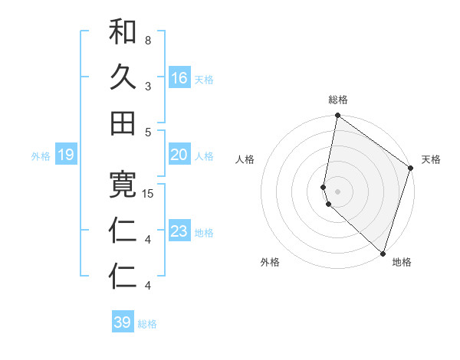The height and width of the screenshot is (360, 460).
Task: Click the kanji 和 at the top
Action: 123,31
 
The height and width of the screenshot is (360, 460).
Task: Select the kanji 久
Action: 123,77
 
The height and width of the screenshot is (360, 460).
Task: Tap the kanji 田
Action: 123,123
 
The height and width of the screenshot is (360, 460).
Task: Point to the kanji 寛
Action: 123,185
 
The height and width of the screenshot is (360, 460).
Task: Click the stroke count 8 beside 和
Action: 147,40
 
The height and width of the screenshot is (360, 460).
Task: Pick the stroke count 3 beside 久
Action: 147,86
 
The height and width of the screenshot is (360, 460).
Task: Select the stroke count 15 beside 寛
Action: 148,194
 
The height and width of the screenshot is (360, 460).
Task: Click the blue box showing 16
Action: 179,78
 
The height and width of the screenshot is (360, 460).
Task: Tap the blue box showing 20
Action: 179,155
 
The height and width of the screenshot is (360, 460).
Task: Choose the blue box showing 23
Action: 179,231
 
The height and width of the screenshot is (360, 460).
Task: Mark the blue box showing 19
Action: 66,155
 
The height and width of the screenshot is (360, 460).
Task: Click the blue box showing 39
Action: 123,322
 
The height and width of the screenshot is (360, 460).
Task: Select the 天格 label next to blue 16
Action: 204,80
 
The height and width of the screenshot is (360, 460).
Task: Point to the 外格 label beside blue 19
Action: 41,156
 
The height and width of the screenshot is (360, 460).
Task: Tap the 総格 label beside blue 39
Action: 147,324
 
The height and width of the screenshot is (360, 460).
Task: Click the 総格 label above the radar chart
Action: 338,100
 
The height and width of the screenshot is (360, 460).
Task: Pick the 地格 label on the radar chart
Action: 402,262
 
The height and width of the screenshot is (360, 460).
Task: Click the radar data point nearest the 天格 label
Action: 411,169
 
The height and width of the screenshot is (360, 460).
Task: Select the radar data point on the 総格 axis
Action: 337,116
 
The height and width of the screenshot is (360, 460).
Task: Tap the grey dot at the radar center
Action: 338,191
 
